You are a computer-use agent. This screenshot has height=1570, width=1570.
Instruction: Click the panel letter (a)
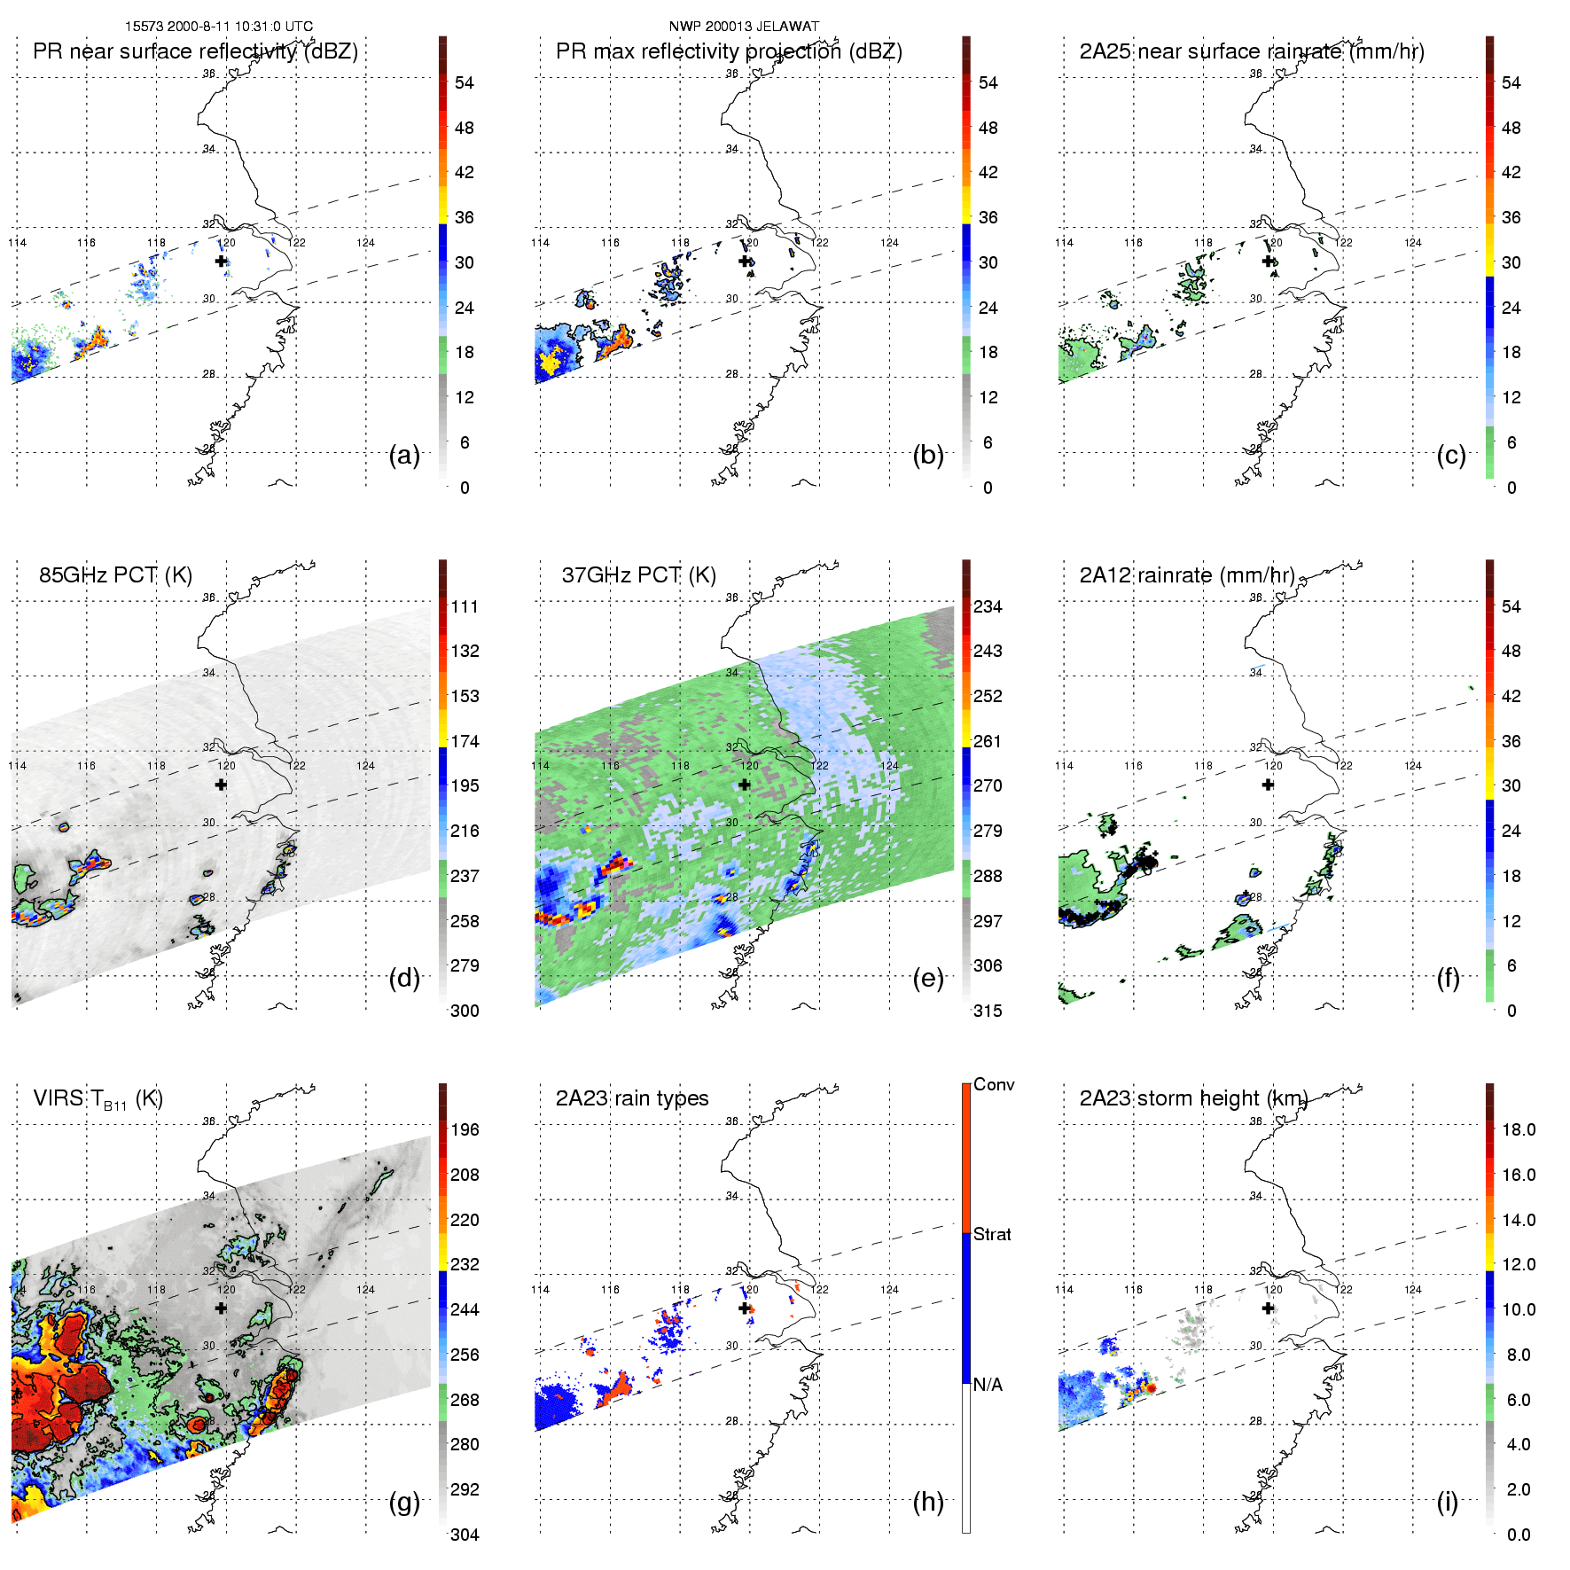click(404, 456)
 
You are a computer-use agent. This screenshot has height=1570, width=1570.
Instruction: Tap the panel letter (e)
click(928, 979)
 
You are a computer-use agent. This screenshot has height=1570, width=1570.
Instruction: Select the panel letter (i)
click(1448, 1503)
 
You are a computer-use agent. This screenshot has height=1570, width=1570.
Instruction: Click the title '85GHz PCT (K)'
click(115, 575)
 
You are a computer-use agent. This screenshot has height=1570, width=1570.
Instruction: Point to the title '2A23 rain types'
click(632, 1098)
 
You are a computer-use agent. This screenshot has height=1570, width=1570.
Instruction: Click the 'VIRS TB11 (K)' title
click(98, 1099)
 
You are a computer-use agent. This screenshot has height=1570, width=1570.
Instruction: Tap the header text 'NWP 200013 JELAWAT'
click(744, 27)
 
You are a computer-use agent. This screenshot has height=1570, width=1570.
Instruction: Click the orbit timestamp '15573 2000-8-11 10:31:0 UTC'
click(219, 27)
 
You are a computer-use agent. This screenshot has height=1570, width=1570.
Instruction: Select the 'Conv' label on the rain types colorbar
click(994, 1084)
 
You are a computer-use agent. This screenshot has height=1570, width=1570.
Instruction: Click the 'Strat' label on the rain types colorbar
click(992, 1234)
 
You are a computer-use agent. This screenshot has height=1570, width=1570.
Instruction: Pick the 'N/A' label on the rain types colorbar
click(988, 1385)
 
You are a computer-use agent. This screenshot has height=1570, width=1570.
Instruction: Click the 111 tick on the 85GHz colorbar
click(465, 606)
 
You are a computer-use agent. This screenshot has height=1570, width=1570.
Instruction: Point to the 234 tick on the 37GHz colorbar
click(988, 606)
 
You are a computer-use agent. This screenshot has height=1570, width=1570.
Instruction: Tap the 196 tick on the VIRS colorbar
click(465, 1129)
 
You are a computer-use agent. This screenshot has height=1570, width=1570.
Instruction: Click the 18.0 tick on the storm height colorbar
click(1519, 1129)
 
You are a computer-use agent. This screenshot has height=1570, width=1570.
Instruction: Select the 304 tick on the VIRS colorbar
click(465, 1535)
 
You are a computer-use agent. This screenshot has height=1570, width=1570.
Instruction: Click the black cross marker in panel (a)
click(221, 261)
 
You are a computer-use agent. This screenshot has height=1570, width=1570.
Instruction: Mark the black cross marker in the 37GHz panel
click(745, 785)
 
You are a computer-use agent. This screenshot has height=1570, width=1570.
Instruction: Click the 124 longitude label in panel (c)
click(1413, 242)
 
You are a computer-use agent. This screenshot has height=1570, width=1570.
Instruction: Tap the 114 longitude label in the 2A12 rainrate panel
click(1064, 765)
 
